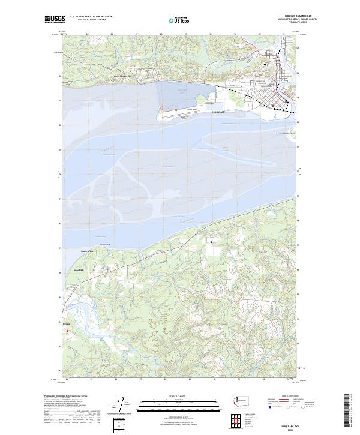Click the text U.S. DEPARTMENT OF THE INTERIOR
[x=91, y=16]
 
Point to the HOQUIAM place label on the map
[x=217, y=112]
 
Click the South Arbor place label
[x=86, y=251]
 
